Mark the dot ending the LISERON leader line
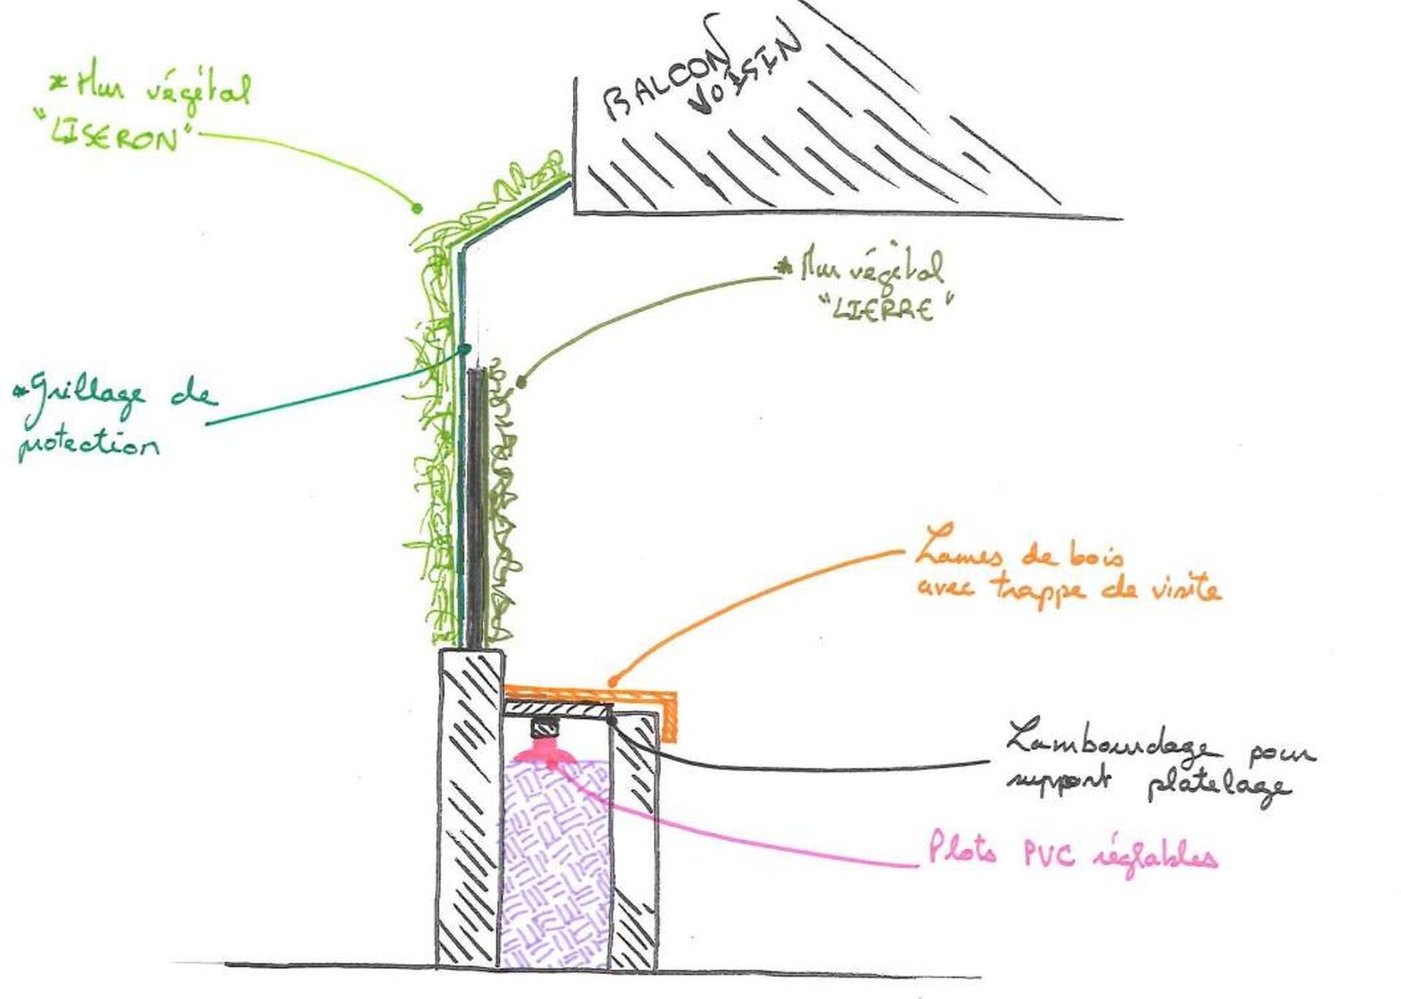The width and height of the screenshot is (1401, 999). [x=417, y=209]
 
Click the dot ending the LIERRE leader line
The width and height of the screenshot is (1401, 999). [x=521, y=381]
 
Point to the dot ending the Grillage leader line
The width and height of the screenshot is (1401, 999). [x=463, y=348]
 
